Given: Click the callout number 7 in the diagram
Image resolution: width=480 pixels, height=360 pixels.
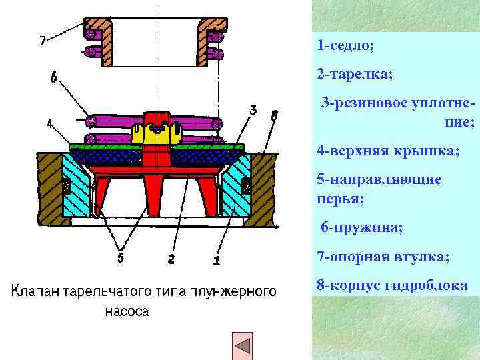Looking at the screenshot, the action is pos(43,41).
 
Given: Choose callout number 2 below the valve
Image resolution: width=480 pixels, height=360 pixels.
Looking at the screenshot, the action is pos(171,259).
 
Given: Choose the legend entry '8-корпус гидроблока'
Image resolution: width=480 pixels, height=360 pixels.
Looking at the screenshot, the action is pos(392,285).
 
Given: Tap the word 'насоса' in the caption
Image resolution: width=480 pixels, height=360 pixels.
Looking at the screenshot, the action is pos(127,311).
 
